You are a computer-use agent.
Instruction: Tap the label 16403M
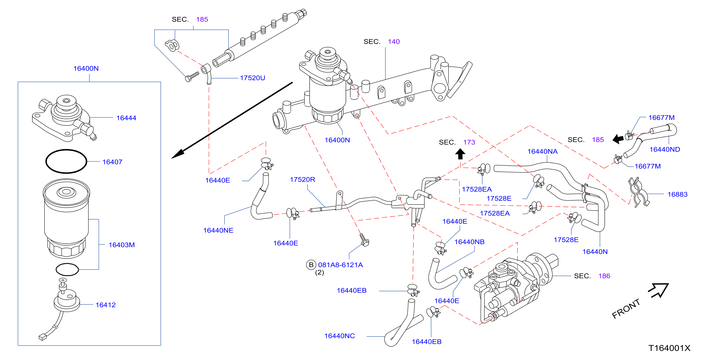pos(122,245)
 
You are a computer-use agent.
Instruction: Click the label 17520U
pos(252,78)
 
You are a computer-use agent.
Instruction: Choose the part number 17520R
pos(302,179)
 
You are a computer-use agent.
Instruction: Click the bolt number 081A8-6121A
pos(340,265)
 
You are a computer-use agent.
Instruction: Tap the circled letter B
pos(311,265)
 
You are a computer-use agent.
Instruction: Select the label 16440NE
pos(218,230)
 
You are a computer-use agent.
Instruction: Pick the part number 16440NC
pos(340,336)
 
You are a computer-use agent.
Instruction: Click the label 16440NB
pos(469,242)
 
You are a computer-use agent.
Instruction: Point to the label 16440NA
pos(542,151)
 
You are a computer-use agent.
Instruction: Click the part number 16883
pos(677,194)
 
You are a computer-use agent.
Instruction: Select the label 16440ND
pos(665,149)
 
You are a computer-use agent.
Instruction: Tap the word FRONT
pos(626,309)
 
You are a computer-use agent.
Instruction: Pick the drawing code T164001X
pos(669,348)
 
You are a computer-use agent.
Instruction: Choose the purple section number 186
pos(604,276)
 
